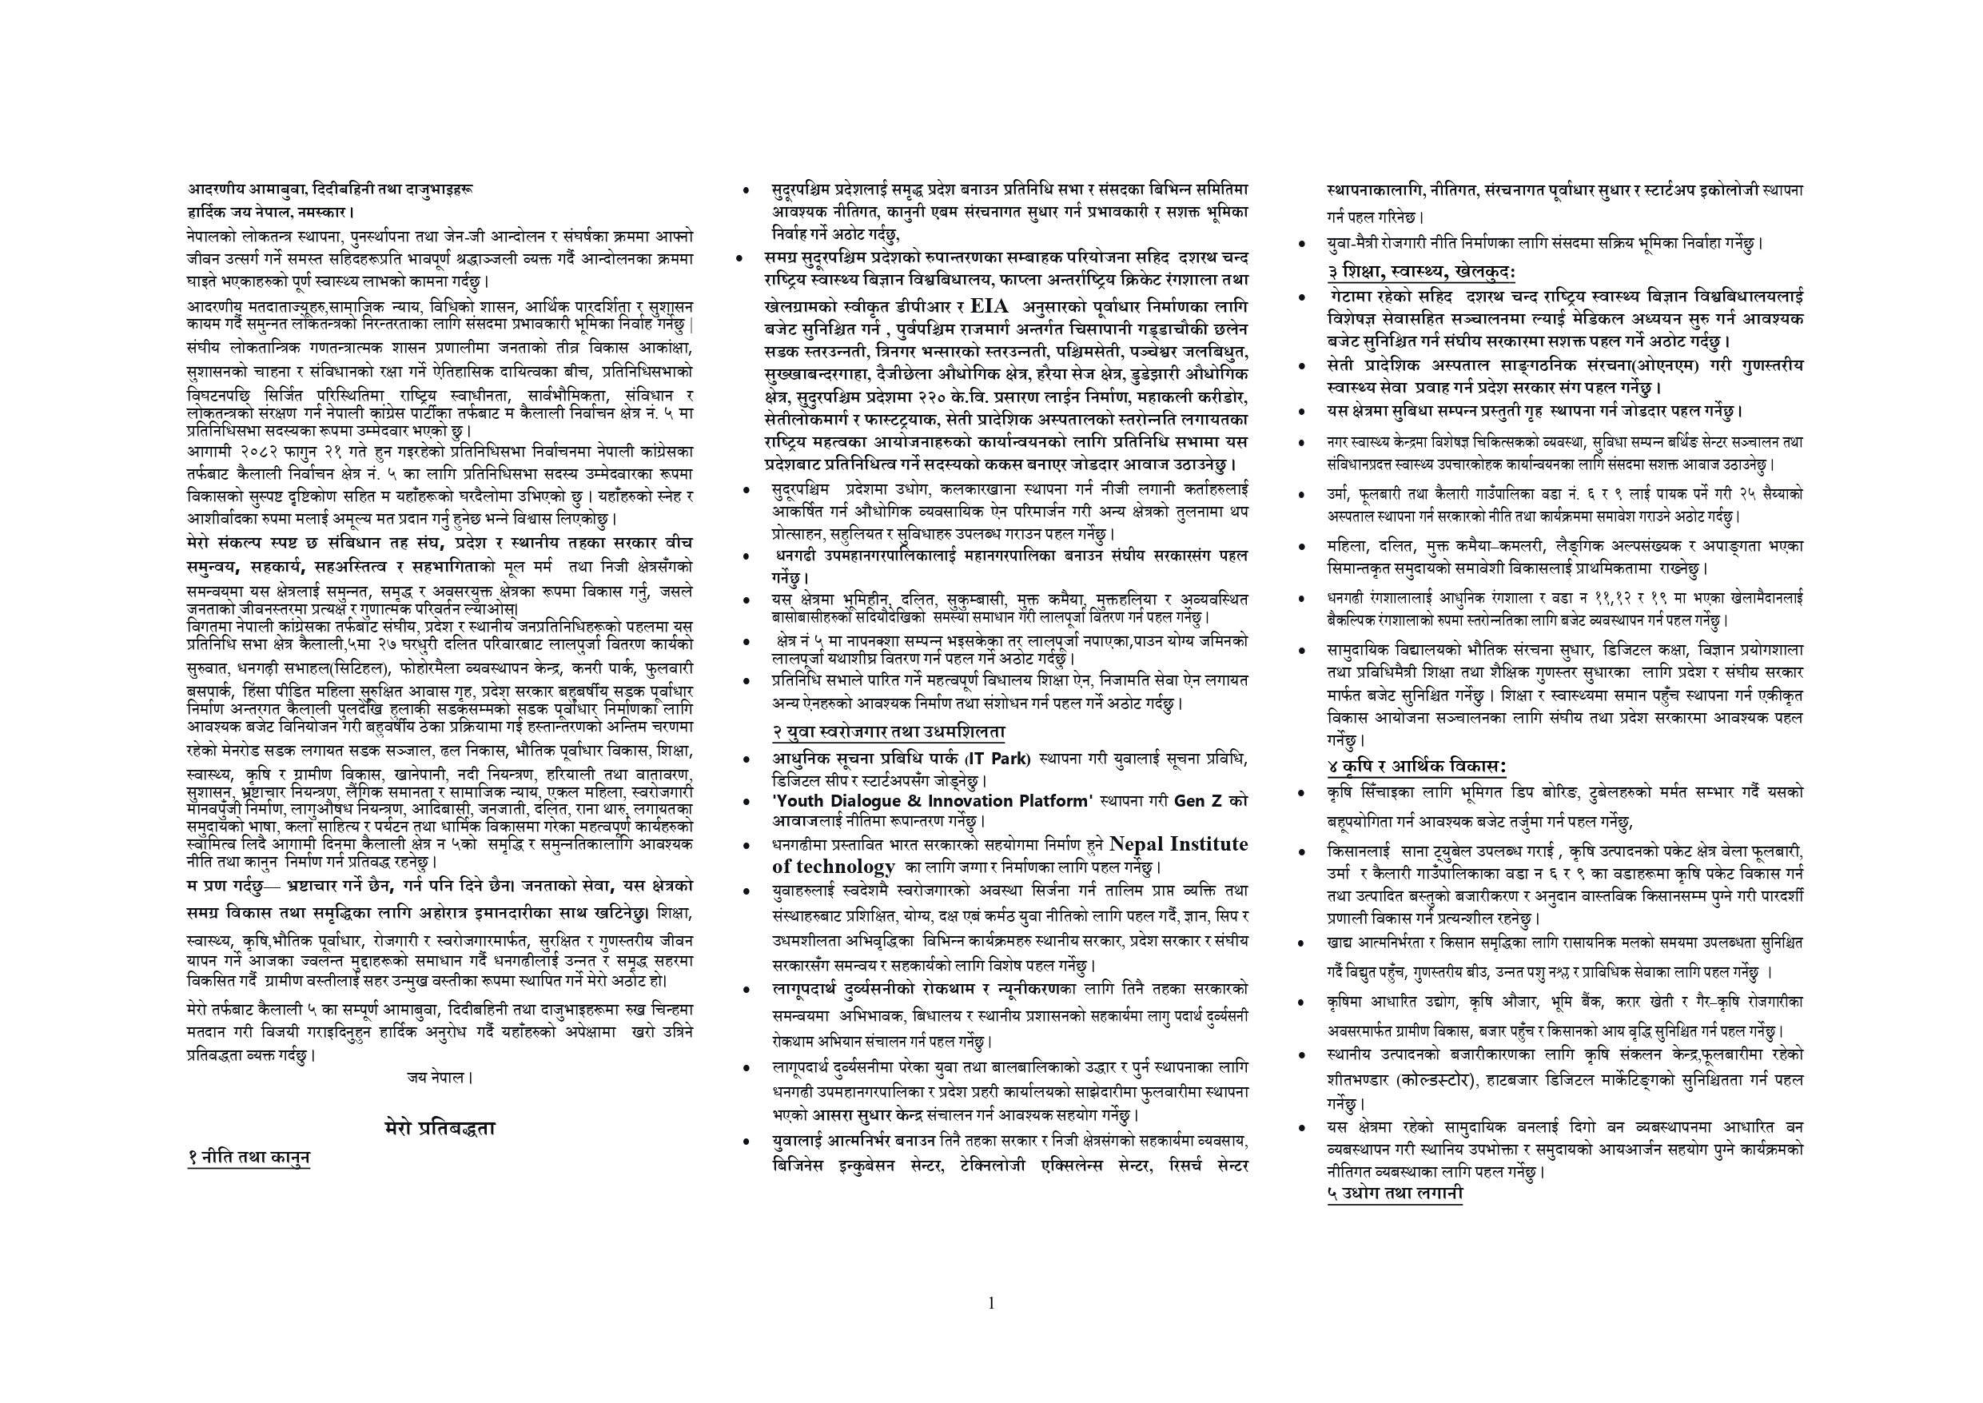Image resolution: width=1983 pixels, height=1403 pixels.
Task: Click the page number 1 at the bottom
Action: tap(990, 1304)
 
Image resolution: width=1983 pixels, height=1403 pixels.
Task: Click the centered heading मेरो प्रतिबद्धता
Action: tap(440, 1127)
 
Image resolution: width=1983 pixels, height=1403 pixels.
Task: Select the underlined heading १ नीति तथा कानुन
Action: tap(249, 1158)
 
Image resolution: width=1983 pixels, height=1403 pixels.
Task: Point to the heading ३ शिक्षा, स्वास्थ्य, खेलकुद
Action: tap(1421, 271)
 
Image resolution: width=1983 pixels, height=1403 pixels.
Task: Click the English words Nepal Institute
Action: tap(1178, 844)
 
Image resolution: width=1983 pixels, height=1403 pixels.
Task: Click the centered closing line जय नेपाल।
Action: tap(440, 1078)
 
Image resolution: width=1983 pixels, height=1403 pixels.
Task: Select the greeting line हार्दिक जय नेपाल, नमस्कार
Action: tap(272, 211)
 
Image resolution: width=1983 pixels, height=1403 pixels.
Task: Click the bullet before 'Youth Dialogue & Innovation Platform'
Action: tap(747, 803)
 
